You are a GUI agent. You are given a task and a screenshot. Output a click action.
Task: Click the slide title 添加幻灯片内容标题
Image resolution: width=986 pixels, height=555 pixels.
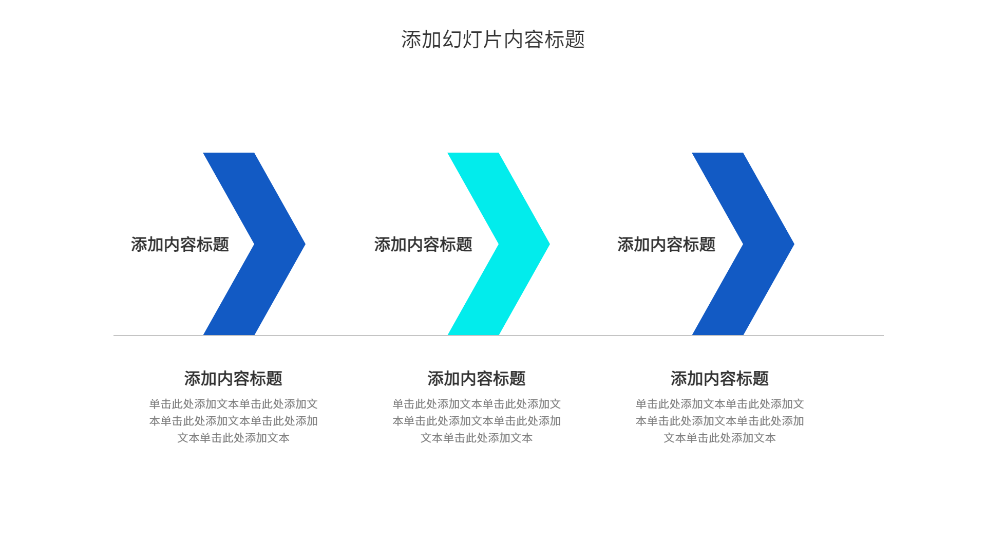[x=493, y=40]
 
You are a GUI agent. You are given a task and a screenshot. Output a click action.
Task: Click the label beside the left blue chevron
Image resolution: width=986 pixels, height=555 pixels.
[x=180, y=245]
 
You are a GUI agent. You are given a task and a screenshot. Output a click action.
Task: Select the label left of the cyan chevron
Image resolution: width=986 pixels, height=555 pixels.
[x=423, y=245]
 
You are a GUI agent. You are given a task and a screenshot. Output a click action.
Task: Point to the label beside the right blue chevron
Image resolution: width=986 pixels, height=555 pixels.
[x=666, y=245]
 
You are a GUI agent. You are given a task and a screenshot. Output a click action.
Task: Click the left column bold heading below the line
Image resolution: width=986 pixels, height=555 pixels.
[x=233, y=379]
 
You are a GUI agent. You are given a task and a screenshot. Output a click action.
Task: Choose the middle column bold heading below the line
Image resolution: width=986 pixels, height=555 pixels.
[x=477, y=379]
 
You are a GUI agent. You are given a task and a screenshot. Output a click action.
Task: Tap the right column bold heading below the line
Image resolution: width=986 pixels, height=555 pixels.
[x=719, y=379]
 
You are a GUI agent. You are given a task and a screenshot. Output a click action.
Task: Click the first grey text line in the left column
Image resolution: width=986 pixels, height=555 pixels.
[x=233, y=404]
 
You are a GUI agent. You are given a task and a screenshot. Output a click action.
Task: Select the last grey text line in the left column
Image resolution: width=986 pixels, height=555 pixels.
[x=233, y=438]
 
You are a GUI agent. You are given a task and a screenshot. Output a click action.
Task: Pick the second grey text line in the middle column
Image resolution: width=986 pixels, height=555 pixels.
[x=477, y=421]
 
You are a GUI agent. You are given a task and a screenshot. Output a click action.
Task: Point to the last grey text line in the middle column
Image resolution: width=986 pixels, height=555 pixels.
[x=477, y=438]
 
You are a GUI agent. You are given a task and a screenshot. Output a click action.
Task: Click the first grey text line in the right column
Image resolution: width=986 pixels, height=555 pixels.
[x=719, y=404]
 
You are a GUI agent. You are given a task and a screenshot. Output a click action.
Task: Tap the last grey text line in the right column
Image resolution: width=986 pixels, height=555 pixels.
[x=719, y=438]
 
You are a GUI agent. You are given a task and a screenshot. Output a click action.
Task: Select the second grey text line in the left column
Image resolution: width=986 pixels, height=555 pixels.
[x=233, y=421]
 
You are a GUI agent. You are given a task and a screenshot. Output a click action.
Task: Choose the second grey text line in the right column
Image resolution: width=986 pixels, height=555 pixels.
[x=719, y=421]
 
